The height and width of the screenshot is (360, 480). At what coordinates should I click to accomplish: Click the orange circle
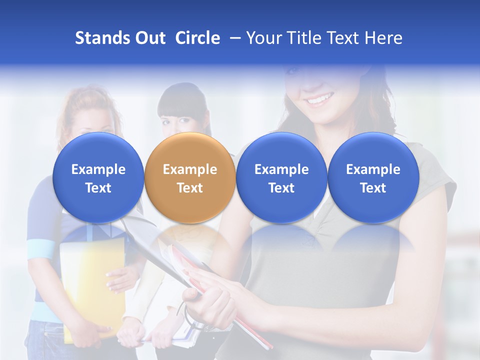[189, 178]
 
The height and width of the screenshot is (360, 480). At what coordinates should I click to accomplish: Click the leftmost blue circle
[98, 178]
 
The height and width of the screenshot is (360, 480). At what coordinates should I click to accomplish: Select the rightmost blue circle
[373, 178]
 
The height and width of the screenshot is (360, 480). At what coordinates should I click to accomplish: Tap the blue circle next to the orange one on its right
[281, 178]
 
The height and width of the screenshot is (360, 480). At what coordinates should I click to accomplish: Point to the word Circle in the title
[197, 38]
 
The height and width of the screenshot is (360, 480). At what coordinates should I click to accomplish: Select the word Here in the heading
[383, 38]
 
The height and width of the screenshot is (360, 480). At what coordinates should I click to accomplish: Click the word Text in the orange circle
[189, 188]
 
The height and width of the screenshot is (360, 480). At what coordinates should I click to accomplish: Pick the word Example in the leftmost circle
[98, 169]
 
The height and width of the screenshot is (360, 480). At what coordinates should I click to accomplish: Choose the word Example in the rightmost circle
[373, 169]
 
